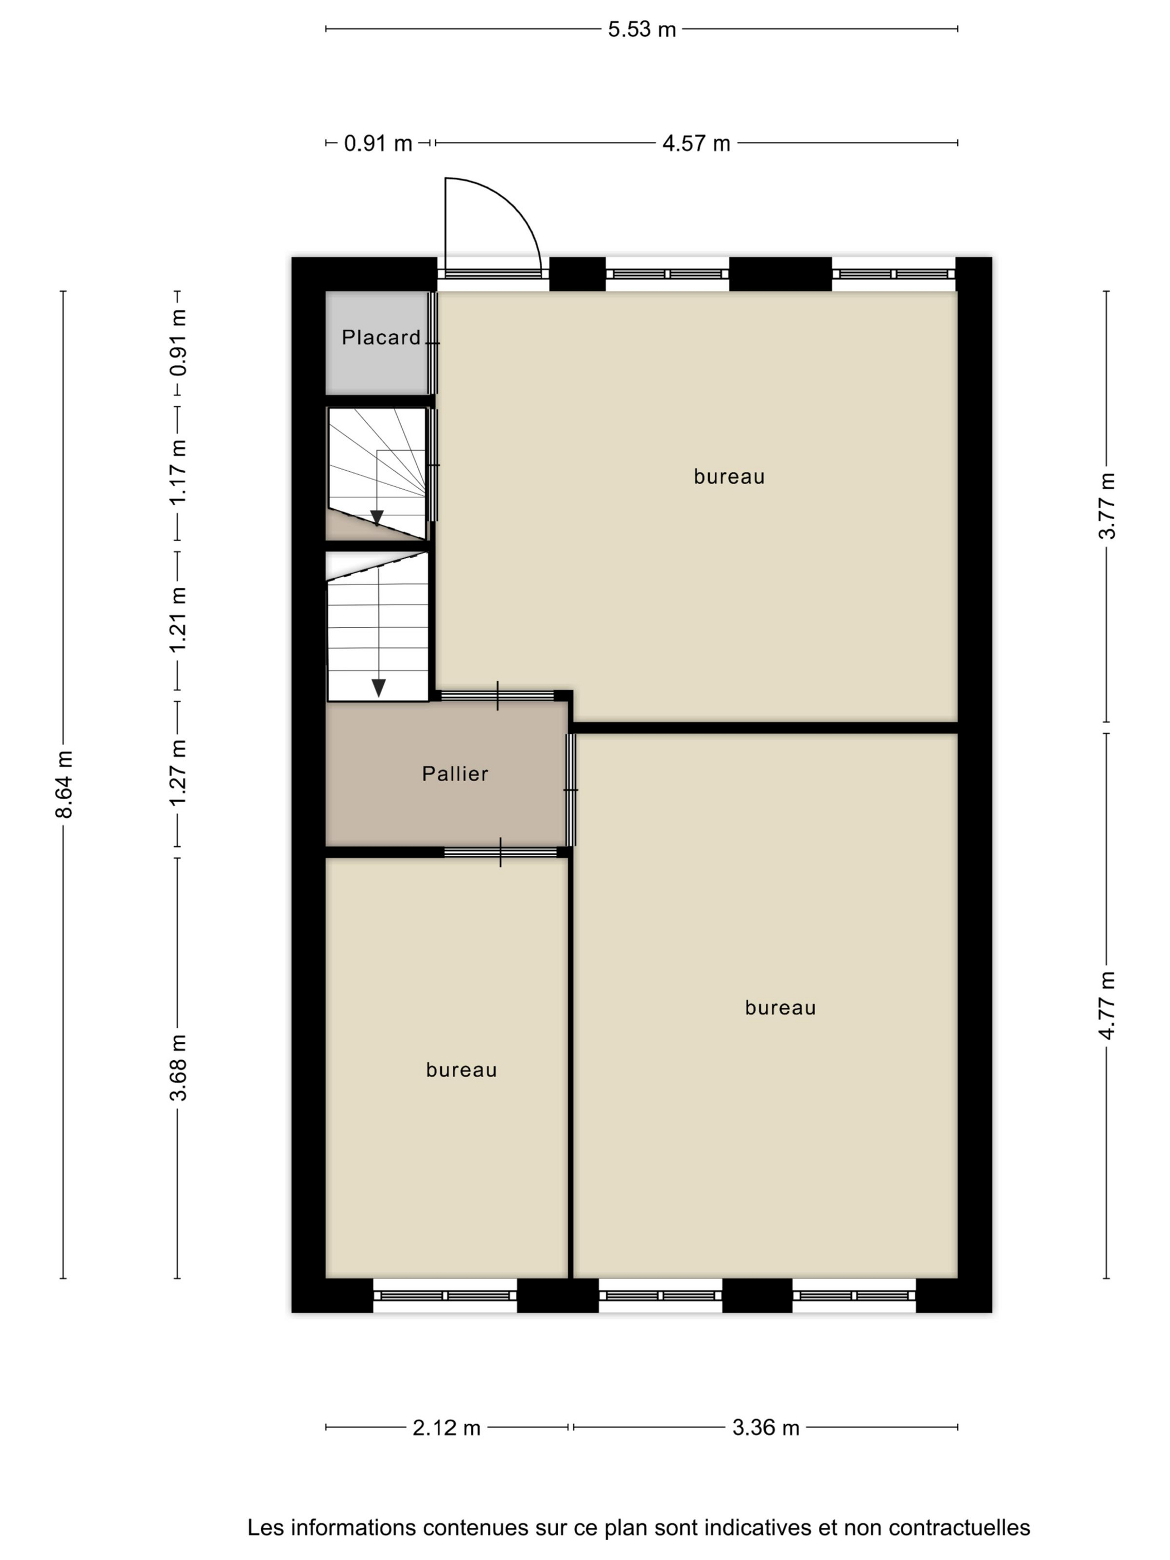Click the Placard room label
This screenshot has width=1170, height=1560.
tap(381, 338)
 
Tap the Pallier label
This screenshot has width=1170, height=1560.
tap(455, 774)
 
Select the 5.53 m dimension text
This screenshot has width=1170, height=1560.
tap(642, 30)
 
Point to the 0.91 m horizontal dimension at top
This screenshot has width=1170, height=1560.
tap(378, 143)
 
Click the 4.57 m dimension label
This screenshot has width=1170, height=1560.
tap(696, 143)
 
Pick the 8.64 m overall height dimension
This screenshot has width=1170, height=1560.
tap(64, 784)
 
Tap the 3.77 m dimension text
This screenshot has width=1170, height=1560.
tap(1106, 506)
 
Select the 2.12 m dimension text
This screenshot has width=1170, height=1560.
tap(446, 1428)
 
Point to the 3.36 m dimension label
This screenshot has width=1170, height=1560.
tap(766, 1428)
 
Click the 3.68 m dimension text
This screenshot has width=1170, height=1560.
tap(178, 1067)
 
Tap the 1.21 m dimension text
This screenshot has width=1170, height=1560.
tap(178, 620)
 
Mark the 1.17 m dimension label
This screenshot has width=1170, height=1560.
tap(178, 472)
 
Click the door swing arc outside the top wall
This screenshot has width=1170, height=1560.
tap(518, 204)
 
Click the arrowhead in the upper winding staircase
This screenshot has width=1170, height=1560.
tap(377, 518)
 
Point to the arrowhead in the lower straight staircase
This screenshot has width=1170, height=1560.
tap(379, 688)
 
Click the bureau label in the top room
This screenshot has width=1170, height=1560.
tap(729, 477)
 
